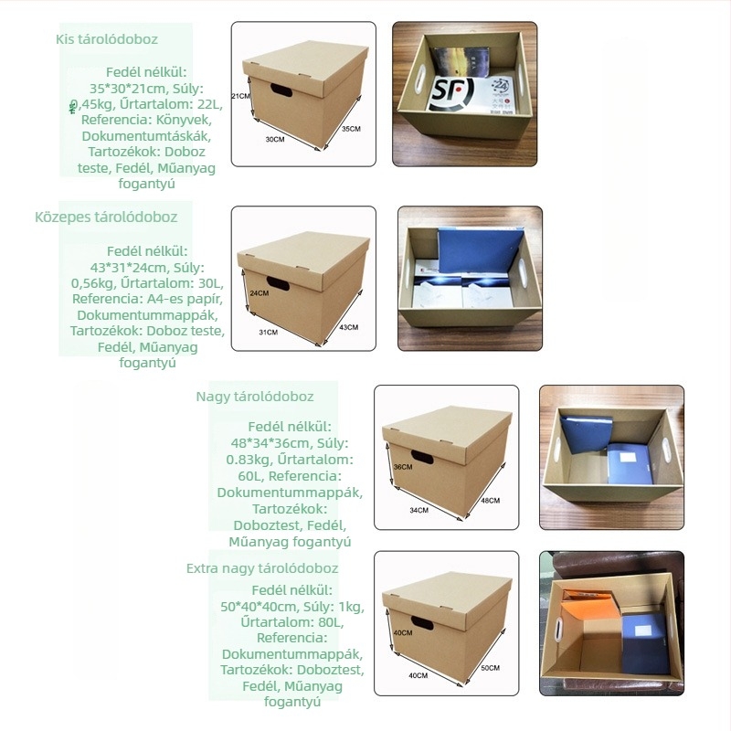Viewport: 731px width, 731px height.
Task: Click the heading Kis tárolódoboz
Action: (x=107, y=39)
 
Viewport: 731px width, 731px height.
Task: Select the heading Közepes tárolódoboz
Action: (x=106, y=217)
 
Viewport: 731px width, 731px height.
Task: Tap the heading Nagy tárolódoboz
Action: (x=255, y=397)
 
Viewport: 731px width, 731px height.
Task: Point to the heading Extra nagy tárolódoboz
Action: (x=262, y=568)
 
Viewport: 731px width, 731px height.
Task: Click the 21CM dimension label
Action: (x=241, y=96)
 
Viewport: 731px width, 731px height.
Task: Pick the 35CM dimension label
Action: (x=351, y=129)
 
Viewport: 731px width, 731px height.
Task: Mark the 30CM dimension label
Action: (x=275, y=139)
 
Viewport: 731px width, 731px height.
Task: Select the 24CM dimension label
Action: (x=260, y=293)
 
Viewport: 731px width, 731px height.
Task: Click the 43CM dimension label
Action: (x=349, y=327)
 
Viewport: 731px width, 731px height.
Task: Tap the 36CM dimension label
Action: (x=403, y=467)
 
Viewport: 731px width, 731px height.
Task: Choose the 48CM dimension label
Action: (x=491, y=500)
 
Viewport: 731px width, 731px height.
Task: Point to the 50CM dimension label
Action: (x=491, y=668)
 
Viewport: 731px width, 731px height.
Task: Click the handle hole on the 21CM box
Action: (x=281, y=90)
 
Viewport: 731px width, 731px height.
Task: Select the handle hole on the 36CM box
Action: (x=422, y=458)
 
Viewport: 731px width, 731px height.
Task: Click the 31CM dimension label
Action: (x=269, y=332)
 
